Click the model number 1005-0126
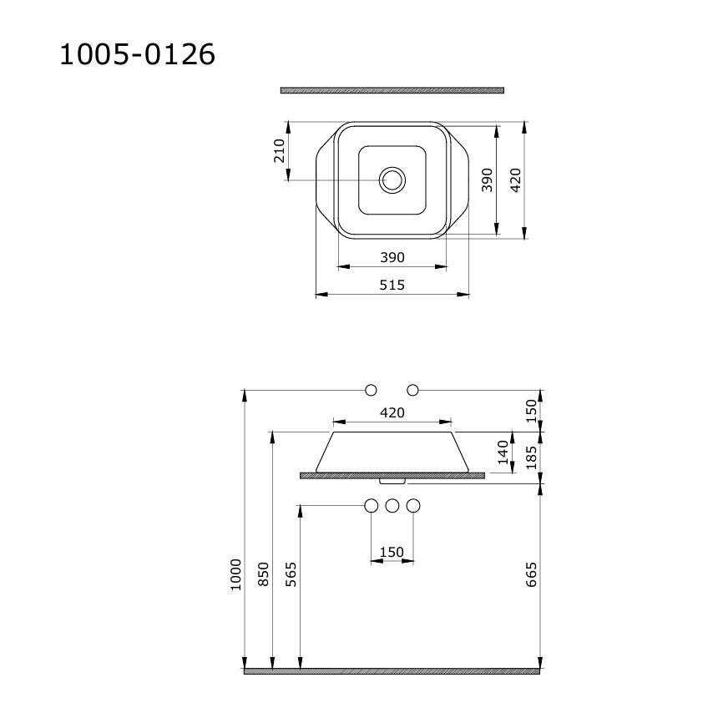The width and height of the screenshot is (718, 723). (x=138, y=54)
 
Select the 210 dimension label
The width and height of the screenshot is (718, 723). (x=280, y=151)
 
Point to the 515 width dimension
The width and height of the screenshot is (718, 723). (x=392, y=285)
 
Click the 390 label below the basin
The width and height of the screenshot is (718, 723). (x=392, y=257)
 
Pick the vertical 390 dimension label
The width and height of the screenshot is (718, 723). (x=487, y=180)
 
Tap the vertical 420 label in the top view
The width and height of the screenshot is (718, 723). (x=516, y=180)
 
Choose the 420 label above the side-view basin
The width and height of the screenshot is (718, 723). (x=392, y=412)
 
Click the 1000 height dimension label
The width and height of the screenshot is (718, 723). (x=235, y=574)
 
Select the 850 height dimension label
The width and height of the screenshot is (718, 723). (x=263, y=574)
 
